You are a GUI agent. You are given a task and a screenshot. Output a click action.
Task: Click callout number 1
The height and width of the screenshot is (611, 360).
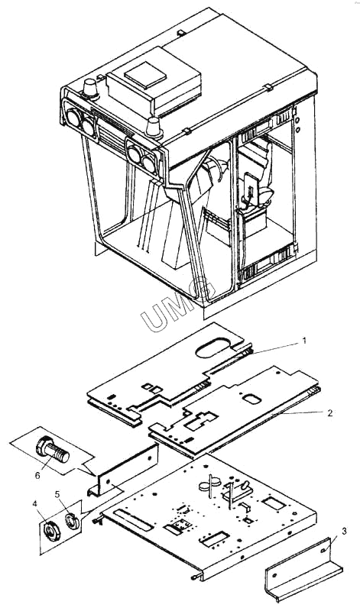(x=305, y=341)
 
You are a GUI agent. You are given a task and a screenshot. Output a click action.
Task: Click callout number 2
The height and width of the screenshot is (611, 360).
(x=330, y=413)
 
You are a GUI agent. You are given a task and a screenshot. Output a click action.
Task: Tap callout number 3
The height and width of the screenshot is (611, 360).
(x=344, y=530)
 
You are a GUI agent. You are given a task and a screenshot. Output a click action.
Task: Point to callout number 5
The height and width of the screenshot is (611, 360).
(x=57, y=494)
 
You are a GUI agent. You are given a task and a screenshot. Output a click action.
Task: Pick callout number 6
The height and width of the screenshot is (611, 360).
(x=37, y=475)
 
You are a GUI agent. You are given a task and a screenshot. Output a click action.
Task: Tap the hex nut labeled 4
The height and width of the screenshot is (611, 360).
(x=52, y=532)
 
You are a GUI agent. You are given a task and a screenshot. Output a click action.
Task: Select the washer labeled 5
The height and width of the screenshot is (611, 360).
(x=71, y=521)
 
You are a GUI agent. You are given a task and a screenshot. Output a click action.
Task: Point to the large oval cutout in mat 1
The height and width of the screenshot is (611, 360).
(x=213, y=348)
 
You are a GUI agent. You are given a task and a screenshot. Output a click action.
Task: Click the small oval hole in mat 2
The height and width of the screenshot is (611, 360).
(x=251, y=399)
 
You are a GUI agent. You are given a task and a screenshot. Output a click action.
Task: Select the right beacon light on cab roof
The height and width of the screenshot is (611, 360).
(x=154, y=127)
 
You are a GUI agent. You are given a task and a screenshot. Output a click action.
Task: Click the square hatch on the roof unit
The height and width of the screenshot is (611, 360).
(x=145, y=73)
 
